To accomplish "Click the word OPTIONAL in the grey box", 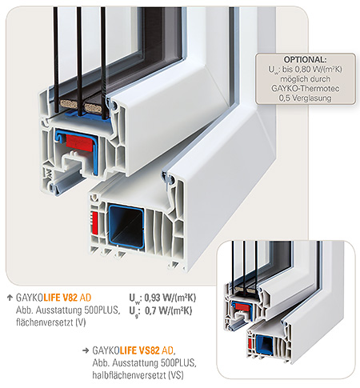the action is click(x=305, y=59).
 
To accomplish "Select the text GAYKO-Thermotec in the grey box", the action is click(x=306, y=88).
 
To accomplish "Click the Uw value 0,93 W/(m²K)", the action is click(x=170, y=298).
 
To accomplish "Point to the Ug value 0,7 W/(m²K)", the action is click(x=168, y=310).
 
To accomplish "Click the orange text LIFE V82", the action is click(x=61, y=298).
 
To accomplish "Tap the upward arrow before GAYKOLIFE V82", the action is click(x=10, y=298).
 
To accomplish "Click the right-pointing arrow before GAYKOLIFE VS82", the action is click(x=86, y=350).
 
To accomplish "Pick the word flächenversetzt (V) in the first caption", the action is click(x=51, y=322).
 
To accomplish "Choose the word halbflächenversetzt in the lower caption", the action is click(x=130, y=375).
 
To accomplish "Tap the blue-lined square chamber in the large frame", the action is click(x=126, y=226).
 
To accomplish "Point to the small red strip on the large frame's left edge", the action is click(x=94, y=222).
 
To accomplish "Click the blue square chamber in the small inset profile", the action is click(x=264, y=345).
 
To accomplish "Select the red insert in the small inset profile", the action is click(x=243, y=307).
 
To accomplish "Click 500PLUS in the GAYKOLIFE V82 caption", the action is click(x=102, y=310).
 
